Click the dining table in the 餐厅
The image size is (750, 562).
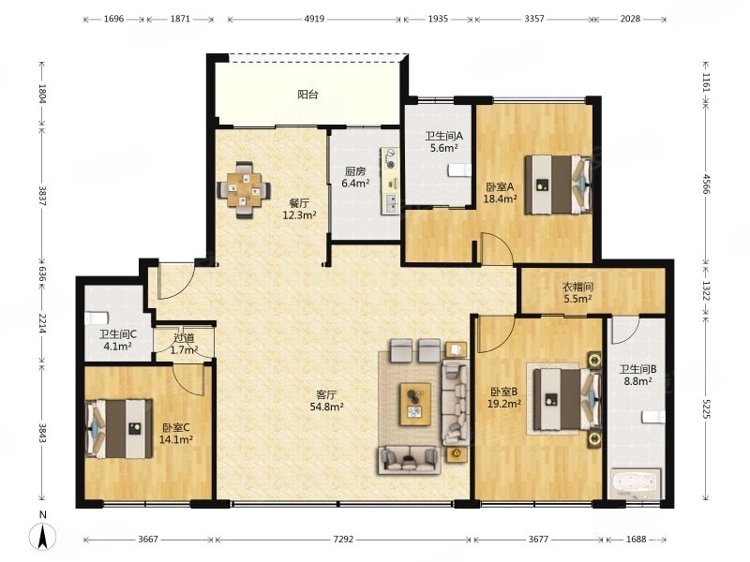coord(244,190)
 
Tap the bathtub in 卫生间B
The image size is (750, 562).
coord(636,483)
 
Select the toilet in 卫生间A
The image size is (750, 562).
coord(459,170)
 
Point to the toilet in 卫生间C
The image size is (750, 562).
coord(97,318)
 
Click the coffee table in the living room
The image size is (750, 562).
coord(415,404)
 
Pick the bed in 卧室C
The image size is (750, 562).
coord(119,429)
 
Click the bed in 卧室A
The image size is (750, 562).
coord(559,185)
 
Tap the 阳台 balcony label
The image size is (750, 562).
coord(307,95)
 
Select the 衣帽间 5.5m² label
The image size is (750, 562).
coord(577,292)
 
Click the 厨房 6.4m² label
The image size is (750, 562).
coord(355,177)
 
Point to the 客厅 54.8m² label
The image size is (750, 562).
coord(326,401)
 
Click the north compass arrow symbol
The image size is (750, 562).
coord(43,535)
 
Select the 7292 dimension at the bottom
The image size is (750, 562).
coord(343,540)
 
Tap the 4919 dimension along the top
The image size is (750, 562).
coord(314,19)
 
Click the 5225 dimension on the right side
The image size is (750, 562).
coord(706,407)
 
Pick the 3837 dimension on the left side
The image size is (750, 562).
coord(42,196)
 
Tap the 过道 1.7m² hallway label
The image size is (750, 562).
coord(184,344)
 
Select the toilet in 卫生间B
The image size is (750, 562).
coord(652,417)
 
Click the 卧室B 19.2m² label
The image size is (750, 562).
coord(505,397)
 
